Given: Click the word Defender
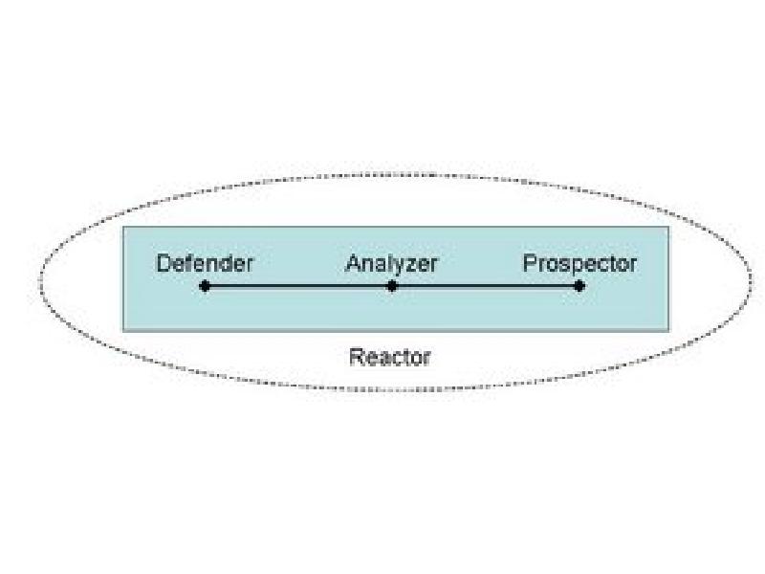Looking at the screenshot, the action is (x=205, y=264).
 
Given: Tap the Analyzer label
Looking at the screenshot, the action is (x=391, y=264).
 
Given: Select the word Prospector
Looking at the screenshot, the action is (x=579, y=264).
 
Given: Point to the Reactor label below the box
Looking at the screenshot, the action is (x=390, y=357).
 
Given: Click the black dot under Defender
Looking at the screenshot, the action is (x=205, y=286).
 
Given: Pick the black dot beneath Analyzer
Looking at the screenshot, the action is (x=392, y=286).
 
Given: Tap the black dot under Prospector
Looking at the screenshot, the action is (x=579, y=286).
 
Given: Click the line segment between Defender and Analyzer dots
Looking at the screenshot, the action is (x=298, y=286).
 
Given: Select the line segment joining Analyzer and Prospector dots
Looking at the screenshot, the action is (x=486, y=286).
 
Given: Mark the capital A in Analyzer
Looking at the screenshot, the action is (x=354, y=264).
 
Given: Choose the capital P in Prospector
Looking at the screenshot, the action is (x=531, y=264).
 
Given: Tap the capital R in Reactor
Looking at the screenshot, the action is (x=358, y=357).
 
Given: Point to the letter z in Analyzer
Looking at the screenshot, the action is (x=409, y=267).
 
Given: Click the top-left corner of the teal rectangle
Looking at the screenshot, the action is (x=123, y=227).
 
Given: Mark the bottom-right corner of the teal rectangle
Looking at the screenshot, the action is (x=668, y=331).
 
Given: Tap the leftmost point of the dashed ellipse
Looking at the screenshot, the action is (x=39, y=280).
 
